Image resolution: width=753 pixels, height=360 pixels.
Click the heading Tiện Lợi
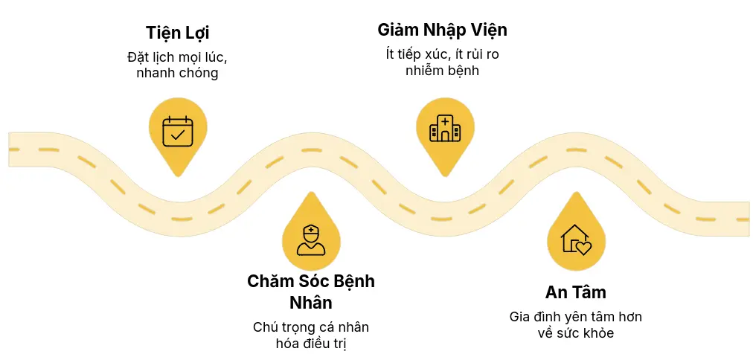pyautogui.click(x=177, y=33)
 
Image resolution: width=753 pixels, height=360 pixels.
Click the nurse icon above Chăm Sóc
pyautogui.click(x=310, y=239)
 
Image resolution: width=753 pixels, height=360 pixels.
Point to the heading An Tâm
pyautogui.click(x=575, y=292)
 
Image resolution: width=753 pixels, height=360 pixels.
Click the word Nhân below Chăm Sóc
pyautogui.click(x=310, y=303)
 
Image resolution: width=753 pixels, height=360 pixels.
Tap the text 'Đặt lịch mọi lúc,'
pyautogui.click(x=177, y=57)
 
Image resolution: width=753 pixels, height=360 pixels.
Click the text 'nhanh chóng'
pyautogui.click(x=177, y=74)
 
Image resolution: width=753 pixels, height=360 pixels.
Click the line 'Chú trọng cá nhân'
pyautogui.click(x=310, y=327)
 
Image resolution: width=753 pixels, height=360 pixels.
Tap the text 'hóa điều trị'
pyautogui.click(x=310, y=344)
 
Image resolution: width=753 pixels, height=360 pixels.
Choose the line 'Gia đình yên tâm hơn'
pyautogui.click(x=575, y=317)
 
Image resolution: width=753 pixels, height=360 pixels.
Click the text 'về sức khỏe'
pyautogui.click(x=575, y=333)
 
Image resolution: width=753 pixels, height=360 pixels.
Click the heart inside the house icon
pyautogui.click(x=583, y=248)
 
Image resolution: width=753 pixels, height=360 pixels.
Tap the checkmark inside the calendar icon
pyautogui.click(x=178, y=135)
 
